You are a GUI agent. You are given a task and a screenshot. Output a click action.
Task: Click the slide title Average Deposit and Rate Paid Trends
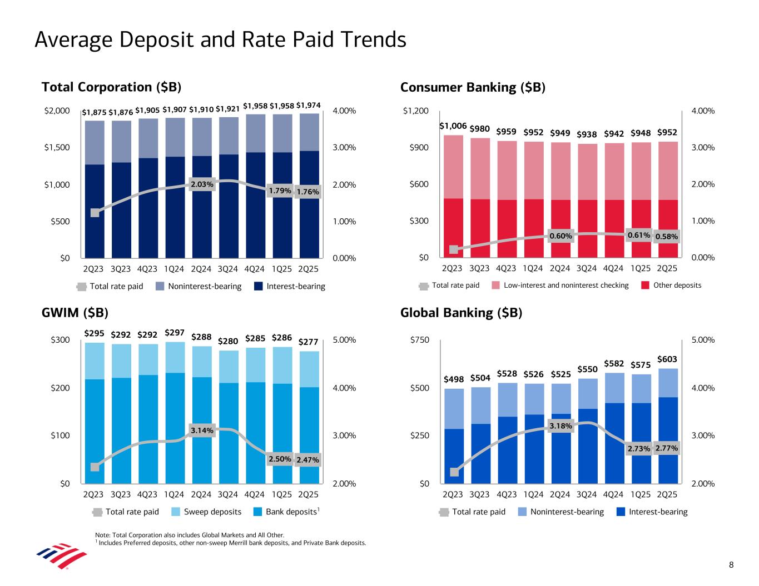(x=220, y=40)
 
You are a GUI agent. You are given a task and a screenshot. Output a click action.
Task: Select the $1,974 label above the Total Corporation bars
(x=308, y=105)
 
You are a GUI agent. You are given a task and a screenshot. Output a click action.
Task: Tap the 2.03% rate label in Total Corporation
(x=202, y=184)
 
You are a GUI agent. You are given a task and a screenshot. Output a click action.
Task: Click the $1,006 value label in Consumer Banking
(x=453, y=127)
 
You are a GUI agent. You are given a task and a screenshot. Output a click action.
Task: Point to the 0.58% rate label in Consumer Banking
(x=667, y=237)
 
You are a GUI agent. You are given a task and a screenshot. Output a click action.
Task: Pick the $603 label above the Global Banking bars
(x=667, y=360)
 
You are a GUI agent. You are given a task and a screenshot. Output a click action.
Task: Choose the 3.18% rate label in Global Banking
(x=560, y=426)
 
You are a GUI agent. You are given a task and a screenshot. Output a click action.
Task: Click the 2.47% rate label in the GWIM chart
(x=307, y=460)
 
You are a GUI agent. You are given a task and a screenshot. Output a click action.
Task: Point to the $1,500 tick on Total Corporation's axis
(x=57, y=148)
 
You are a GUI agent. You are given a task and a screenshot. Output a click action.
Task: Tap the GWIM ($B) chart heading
(x=75, y=313)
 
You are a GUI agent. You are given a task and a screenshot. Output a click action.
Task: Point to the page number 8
(x=731, y=565)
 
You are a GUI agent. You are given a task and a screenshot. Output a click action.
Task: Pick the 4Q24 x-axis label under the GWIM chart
(x=255, y=494)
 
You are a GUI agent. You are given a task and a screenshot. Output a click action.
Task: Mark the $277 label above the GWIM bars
(x=308, y=342)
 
